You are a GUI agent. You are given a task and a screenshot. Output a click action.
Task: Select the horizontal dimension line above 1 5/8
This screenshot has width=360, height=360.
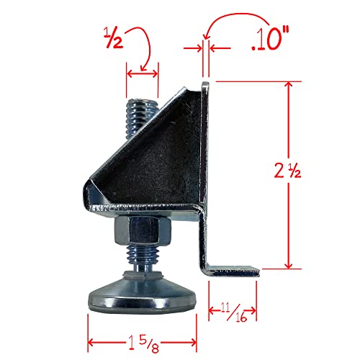coord(143,321)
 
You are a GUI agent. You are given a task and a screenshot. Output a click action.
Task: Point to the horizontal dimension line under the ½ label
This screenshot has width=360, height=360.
coord(142,72)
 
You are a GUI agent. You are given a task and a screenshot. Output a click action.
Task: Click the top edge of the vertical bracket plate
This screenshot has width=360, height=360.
coord(206,84)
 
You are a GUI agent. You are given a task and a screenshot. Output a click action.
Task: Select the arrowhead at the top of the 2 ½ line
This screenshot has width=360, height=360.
coord(291,86)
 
